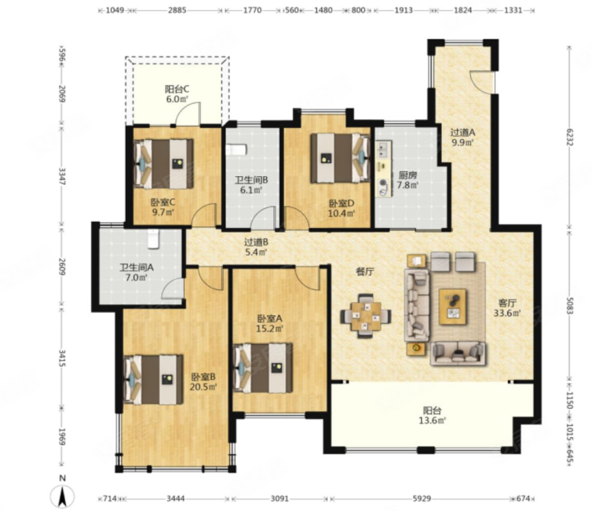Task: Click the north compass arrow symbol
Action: point(62,495)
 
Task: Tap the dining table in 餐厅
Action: point(365,316)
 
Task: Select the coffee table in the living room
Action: point(453,307)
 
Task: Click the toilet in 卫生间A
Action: point(153,238)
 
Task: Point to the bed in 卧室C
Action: point(164,164)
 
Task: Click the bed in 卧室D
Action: point(340,157)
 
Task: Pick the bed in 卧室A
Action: point(264,368)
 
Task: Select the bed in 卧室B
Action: point(154,380)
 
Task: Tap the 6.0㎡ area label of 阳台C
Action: point(177,99)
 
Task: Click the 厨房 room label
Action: point(407,175)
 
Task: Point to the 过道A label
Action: point(462,133)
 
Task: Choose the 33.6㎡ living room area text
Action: point(507,313)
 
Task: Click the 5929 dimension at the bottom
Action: point(422,499)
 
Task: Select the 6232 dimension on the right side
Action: point(570,137)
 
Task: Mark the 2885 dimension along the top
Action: point(177,10)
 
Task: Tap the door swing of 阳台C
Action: point(188,113)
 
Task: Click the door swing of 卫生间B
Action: point(264,218)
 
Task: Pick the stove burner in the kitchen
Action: point(384,182)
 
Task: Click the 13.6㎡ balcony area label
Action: point(433,421)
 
